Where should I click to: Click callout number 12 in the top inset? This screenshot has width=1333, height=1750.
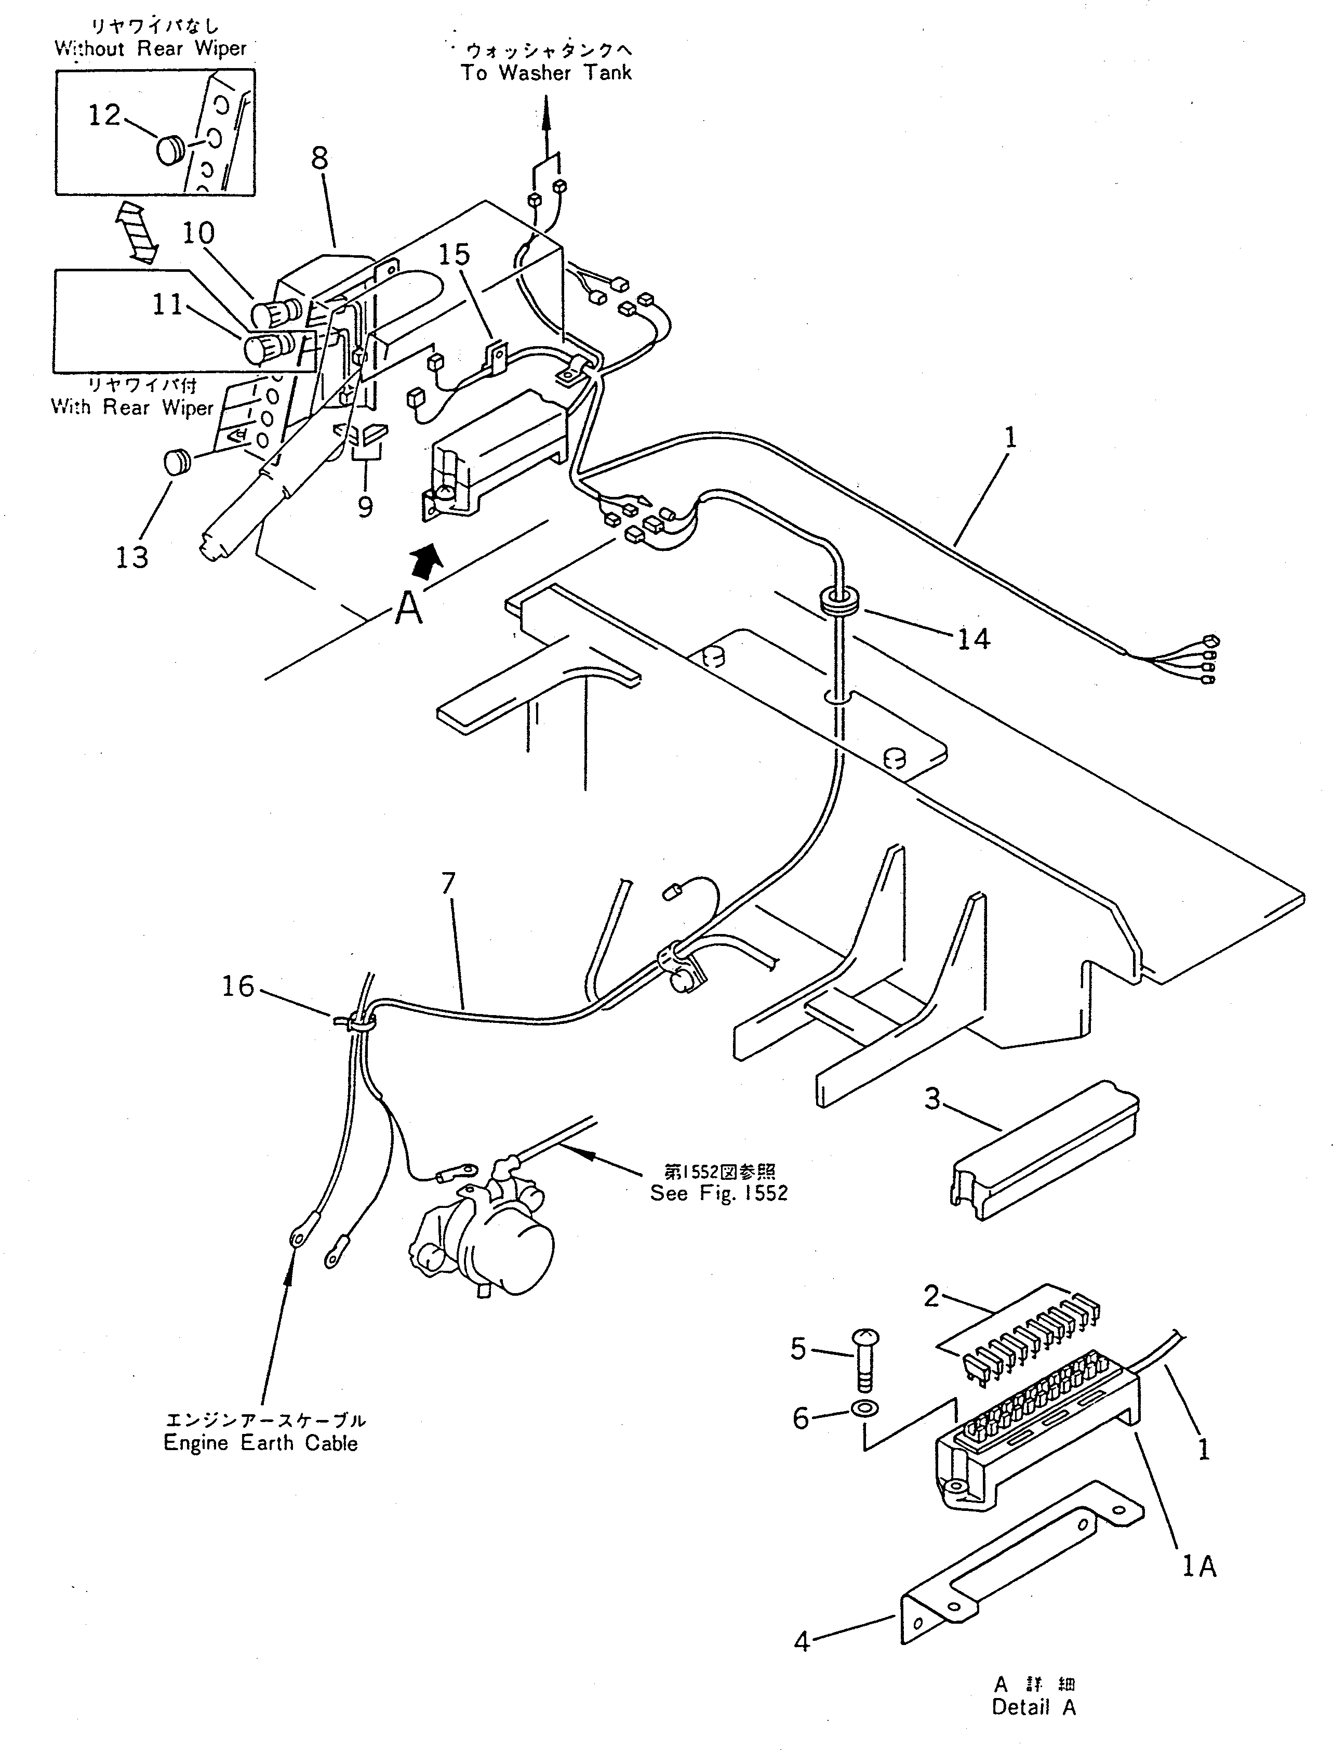coord(104,116)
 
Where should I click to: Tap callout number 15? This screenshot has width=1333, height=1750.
coord(454,255)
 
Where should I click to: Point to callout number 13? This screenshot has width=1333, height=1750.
coord(132,558)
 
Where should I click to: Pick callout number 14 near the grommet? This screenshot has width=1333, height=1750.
coord(974,638)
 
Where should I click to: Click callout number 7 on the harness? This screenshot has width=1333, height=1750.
coord(449,884)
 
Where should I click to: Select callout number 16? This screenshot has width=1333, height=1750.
coord(237,986)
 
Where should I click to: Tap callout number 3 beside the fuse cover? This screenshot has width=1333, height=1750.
coord(932,1099)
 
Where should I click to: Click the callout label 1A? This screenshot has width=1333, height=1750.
coord(1199,1566)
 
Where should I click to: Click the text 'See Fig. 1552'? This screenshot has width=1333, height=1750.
coord(719,1194)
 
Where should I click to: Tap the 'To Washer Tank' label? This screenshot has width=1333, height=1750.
coord(546,73)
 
